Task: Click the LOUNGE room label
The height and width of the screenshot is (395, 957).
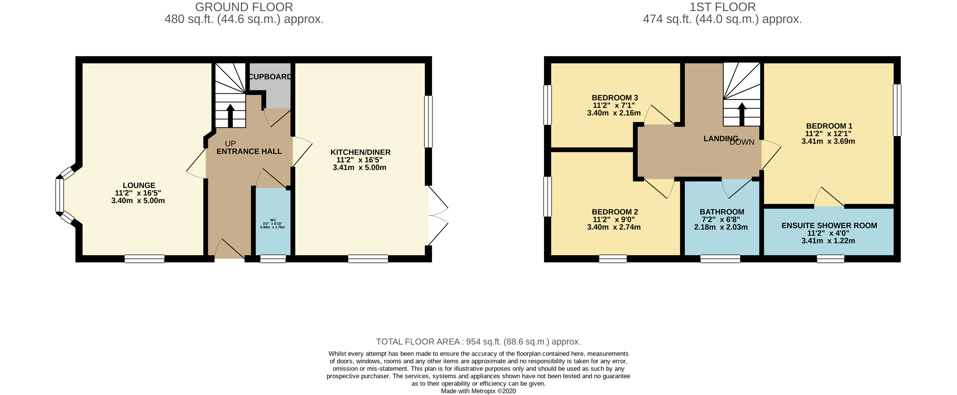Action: pos(139,185)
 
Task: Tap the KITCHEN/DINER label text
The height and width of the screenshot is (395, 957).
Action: pos(360,152)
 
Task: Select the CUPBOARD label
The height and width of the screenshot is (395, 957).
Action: pos(270,76)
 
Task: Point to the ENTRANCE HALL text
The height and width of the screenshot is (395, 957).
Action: pos(249,151)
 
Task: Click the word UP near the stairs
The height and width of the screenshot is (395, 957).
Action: pos(230,144)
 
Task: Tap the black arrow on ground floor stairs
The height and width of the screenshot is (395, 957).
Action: pos(230,115)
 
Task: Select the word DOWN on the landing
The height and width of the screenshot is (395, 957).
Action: pos(742,142)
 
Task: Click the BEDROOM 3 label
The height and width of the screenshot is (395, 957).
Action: pos(615,98)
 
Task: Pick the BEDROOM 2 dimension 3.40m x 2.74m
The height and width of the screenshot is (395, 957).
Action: pos(614,227)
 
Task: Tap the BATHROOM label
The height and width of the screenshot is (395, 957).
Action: pos(722,212)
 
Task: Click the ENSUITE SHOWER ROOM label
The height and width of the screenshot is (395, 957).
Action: pos(829,225)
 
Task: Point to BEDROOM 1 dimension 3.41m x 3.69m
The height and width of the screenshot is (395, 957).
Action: pos(828,141)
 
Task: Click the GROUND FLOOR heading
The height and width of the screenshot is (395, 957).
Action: pos(244,7)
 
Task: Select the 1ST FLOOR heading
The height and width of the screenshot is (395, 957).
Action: pos(722,7)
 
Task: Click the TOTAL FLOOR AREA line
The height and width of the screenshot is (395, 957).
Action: pos(478,341)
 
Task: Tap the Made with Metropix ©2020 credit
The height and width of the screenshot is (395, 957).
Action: pos(478,391)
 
